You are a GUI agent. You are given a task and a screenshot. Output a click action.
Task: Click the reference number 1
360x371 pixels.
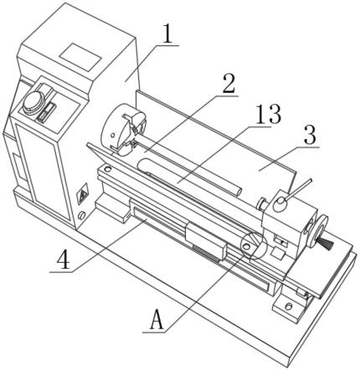click(167, 34)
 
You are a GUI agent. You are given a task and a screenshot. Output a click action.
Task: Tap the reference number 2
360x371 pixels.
click(228, 84)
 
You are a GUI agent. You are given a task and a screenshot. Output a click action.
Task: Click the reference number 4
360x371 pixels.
click(64, 260)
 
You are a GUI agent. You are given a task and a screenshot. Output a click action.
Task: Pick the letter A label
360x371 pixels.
click(157, 320)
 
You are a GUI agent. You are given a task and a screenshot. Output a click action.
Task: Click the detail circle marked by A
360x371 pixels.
click(252, 245)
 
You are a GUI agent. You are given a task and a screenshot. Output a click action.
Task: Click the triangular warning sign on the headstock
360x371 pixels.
click(83, 193)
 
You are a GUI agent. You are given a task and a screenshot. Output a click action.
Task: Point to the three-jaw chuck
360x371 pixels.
click(123, 129)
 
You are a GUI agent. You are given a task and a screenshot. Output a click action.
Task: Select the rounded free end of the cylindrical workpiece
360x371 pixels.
click(237, 192)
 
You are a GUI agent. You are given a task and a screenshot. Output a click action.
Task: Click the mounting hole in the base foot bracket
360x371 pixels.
click(288, 306)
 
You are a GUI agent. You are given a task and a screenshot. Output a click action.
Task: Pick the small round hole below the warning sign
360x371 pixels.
click(81, 215)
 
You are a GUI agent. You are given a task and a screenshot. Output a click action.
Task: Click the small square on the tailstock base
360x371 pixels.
click(278, 253)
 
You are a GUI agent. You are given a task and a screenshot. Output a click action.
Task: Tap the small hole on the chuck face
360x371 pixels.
click(113, 136)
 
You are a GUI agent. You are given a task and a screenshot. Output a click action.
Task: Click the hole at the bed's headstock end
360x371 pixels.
click(107, 169)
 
